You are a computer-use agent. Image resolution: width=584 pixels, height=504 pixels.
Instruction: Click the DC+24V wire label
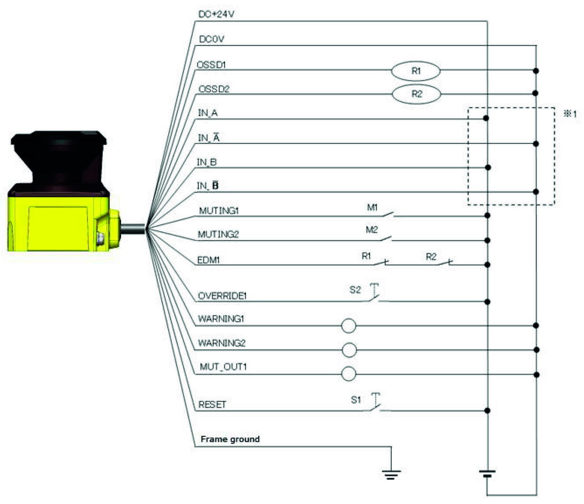[216, 14]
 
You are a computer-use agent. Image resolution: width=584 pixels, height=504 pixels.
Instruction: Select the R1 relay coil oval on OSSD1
[416, 71]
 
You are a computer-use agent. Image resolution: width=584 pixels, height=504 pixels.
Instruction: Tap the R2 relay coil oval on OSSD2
[416, 94]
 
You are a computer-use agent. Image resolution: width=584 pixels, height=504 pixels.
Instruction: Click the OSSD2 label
[214, 89]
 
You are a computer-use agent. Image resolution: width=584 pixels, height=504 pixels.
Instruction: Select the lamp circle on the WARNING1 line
[348, 325]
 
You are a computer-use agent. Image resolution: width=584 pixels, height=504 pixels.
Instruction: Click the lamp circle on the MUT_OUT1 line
[348, 374]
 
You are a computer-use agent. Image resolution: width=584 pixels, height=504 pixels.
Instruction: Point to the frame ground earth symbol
[391, 474]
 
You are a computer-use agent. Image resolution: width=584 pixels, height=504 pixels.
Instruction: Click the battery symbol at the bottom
[487, 474]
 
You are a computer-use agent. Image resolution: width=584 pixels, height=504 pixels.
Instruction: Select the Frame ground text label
[230, 439]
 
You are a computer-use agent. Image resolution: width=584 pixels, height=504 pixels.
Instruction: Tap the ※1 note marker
[570, 114]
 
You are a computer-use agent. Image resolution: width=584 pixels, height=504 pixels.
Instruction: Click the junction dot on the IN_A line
[486, 118]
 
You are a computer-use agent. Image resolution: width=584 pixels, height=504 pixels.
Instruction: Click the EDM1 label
[208, 260]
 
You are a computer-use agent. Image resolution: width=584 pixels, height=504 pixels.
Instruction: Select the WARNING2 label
[222, 343]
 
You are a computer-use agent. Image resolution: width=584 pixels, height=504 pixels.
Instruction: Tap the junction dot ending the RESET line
[487, 410]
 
